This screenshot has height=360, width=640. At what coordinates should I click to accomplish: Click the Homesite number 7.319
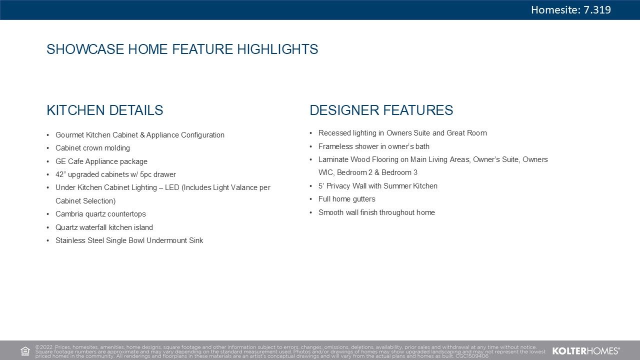point(597,10)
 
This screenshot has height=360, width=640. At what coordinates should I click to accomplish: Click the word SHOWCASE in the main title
point(85,49)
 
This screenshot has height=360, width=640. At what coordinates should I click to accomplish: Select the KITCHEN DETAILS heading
point(105,110)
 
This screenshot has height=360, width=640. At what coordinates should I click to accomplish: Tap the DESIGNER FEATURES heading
point(381,110)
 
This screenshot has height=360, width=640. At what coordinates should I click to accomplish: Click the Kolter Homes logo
point(586,351)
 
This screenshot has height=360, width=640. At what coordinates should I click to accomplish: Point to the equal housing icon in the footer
point(25,351)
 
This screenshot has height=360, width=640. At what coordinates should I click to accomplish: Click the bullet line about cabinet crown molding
point(92,148)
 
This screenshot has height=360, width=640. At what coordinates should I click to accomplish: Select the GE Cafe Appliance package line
point(101,161)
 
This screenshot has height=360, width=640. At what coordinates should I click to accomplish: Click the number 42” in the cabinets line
point(60,174)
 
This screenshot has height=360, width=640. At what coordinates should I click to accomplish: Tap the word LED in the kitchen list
point(172,187)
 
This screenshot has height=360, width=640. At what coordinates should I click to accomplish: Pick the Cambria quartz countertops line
point(100,214)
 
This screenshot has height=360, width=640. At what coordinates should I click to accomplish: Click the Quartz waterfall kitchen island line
point(104,227)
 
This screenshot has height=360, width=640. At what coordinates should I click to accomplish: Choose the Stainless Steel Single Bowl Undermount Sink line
point(129,240)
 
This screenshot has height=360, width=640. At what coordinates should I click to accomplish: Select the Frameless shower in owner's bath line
point(374,146)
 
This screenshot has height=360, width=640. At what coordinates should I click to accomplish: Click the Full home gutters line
point(347,199)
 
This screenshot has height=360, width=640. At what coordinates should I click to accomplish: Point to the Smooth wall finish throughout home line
point(376,212)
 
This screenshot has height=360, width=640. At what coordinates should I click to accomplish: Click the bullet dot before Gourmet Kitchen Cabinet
point(48,135)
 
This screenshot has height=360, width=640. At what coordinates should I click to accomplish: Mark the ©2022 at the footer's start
point(44,347)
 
